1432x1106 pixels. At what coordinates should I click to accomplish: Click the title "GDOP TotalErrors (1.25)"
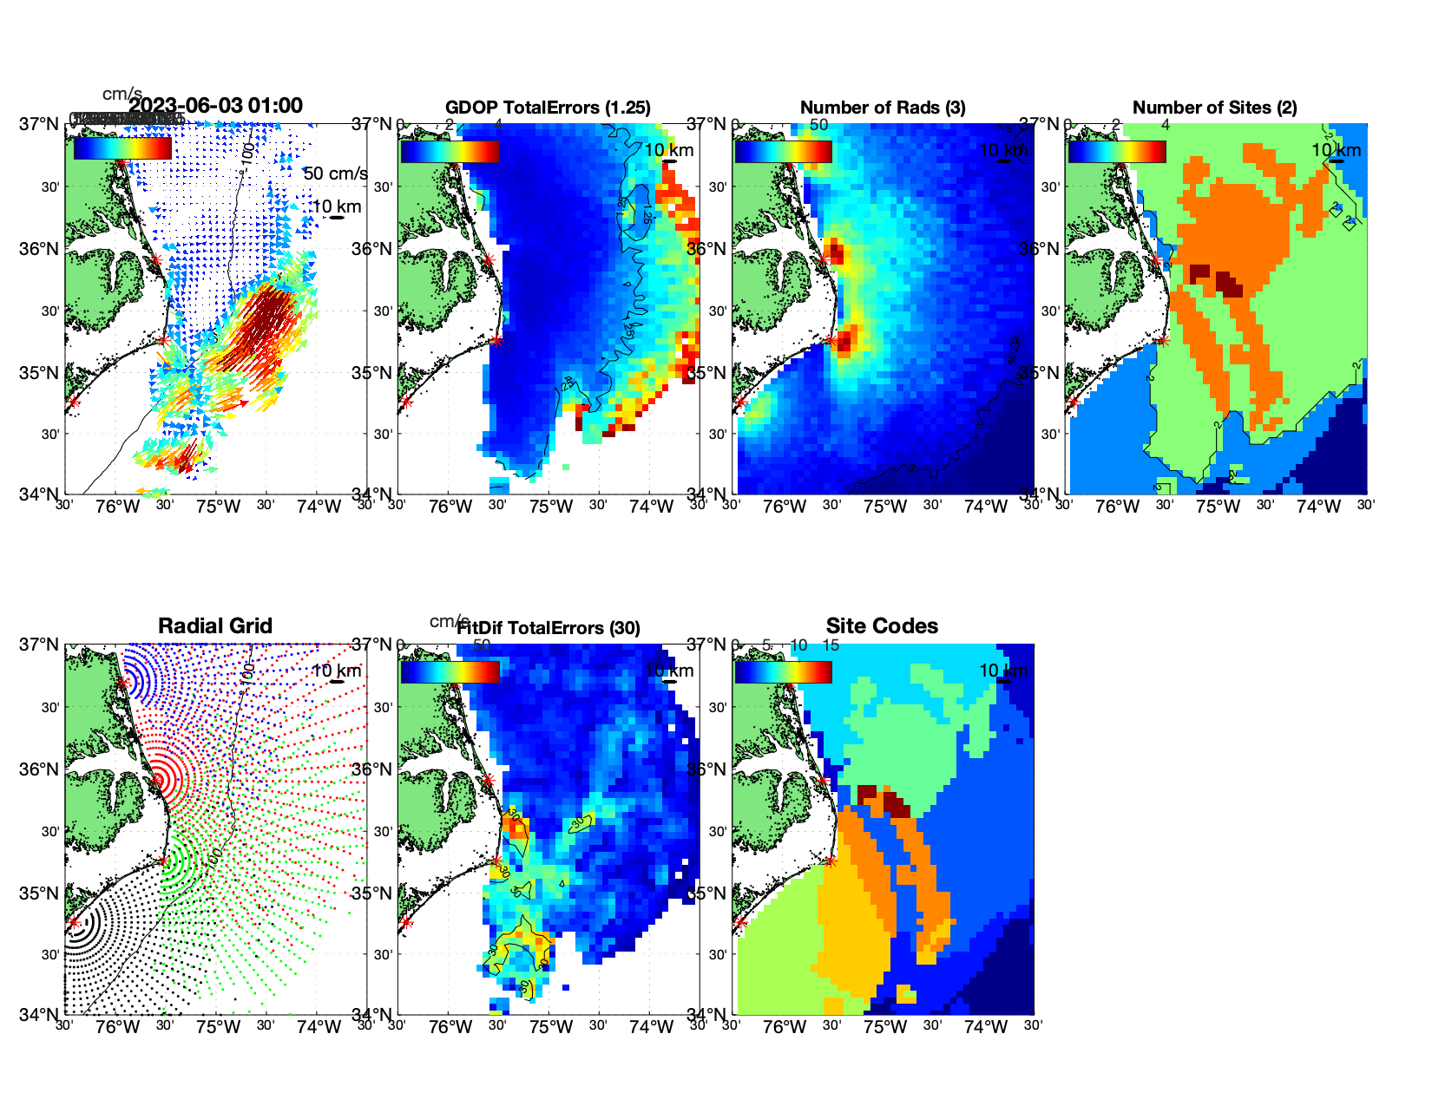pyautogui.click(x=548, y=108)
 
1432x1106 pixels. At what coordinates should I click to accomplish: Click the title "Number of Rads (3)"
pyautogui.click(x=882, y=108)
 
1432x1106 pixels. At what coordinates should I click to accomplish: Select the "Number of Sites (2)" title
pyautogui.click(x=1214, y=108)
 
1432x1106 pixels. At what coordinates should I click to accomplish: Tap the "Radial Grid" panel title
pyautogui.click(x=215, y=626)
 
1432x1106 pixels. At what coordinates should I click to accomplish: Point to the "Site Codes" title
pyautogui.click(x=882, y=626)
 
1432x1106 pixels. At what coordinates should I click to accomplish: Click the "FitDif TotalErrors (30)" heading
pyautogui.click(x=548, y=628)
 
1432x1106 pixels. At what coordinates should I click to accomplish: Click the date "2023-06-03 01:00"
pyautogui.click(x=215, y=106)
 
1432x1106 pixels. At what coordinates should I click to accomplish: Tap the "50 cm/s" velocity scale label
pyautogui.click(x=335, y=173)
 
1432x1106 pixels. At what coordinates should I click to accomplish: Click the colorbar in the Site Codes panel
pyautogui.click(x=783, y=672)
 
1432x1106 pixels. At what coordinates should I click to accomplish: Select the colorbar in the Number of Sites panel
pyautogui.click(x=1117, y=152)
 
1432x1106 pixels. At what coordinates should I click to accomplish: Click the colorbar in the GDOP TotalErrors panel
pyautogui.click(x=450, y=152)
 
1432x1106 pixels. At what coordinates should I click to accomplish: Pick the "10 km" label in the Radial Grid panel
pyautogui.click(x=336, y=671)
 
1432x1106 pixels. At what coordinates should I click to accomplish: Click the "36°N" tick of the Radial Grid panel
pyautogui.click(x=39, y=769)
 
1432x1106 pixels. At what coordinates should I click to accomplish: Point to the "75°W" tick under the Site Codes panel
pyautogui.click(x=884, y=1027)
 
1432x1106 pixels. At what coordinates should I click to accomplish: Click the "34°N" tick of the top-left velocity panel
pyautogui.click(x=39, y=494)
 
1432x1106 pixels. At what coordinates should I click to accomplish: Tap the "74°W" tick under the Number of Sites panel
pyautogui.click(x=1318, y=507)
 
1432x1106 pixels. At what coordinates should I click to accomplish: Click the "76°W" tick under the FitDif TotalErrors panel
pyautogui.click(x=450, y=1027)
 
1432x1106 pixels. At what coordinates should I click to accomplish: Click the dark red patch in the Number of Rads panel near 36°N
pyautogui.click(x=835, y=253)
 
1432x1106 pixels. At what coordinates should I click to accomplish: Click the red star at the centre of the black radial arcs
pyautogui.click(x=74, y=922)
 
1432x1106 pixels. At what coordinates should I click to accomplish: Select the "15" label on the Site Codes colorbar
pyautogui.click(x=831, y=645)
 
